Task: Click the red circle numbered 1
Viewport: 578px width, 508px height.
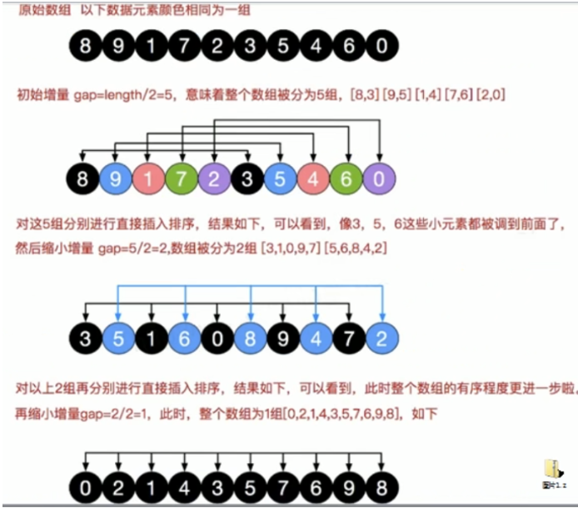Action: pos(149,178)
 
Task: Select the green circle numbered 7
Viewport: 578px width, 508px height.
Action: pos(182,178)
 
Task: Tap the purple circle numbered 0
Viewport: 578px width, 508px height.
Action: pos(381,178)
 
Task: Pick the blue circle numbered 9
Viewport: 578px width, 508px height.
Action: pos(117,178)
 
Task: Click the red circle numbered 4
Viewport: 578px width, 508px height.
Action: pos(314,178)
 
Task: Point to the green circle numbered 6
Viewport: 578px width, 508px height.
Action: pos(347,178)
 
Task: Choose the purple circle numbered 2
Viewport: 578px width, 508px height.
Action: pos(215,178)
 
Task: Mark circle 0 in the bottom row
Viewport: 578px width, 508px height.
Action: pos(84,487)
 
